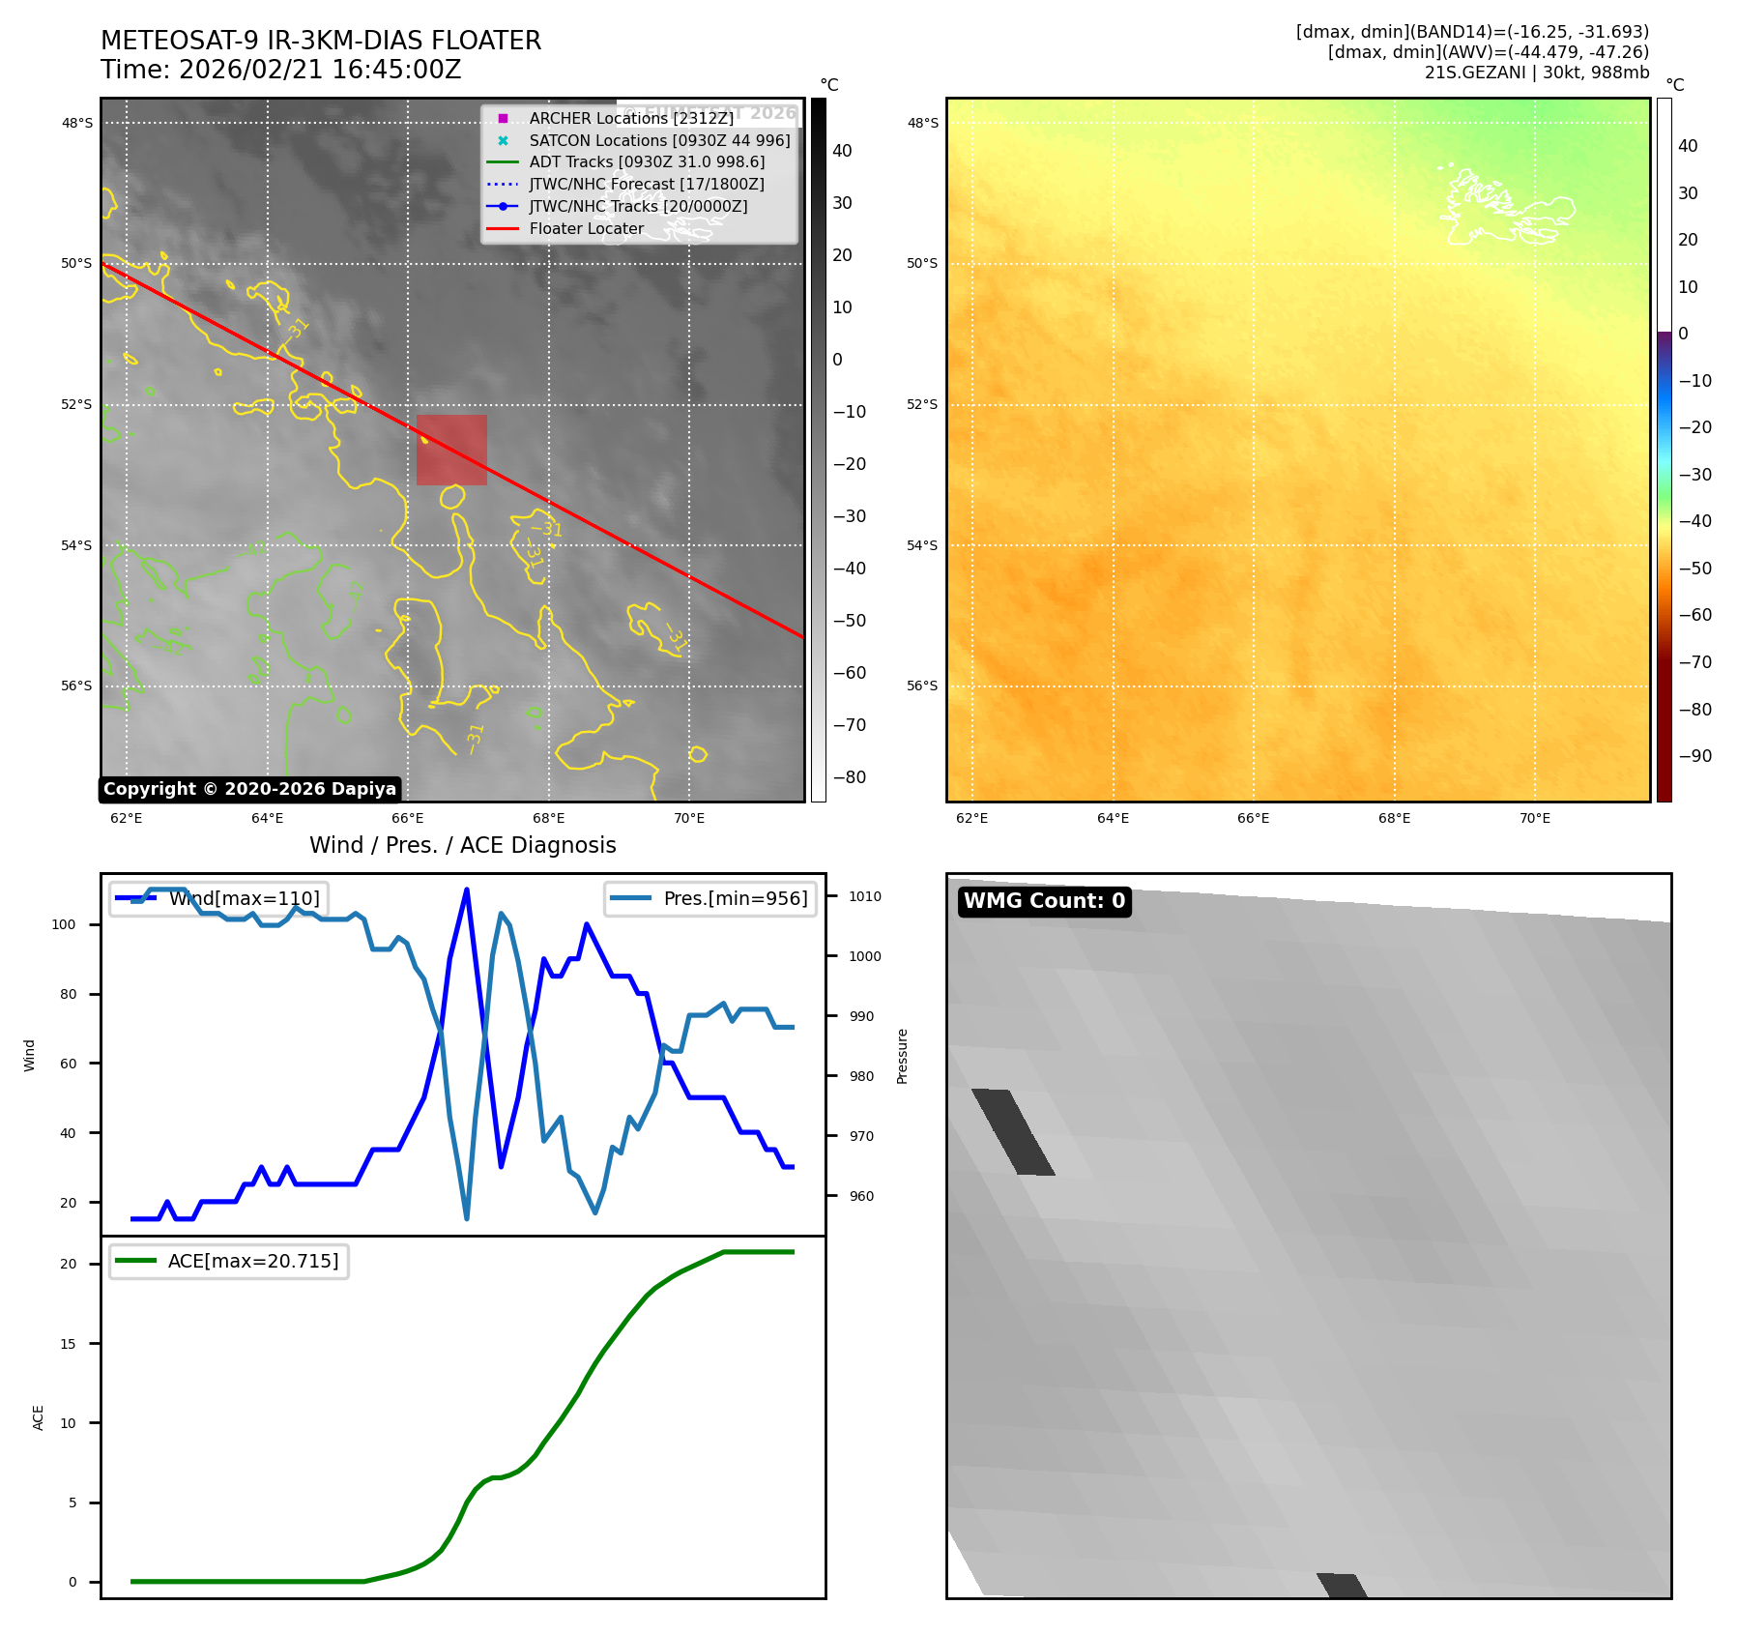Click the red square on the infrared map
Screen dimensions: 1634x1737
pyautogui.click(x=451, y=450)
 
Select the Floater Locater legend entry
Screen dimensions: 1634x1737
pyautogui.click(x=586, y=229)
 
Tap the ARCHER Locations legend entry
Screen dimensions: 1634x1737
pyautogui.click(x=631, y=118)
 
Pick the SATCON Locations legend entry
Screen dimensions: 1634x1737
pyautogui.click(x=659, y=140)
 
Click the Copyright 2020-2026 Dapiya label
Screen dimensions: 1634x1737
pyautogui.click(x=249, y=789)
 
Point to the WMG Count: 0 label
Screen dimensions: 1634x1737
pyautogui.click(x=1044, y=901)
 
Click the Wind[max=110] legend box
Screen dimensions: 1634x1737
pyautogui.click(x=218, y=898)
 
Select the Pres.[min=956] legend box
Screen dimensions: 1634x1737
pyautogui.click(x=710, y=898)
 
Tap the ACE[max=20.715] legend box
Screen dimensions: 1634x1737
pyautogui.click(x=229, y=1261)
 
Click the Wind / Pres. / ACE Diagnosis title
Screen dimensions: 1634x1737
pyautogui.click(x=462, y=845)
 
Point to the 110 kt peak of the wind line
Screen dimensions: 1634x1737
pyautogui.click(x=467, y=890)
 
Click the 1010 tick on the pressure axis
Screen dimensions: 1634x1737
pyautogui.click(x=864, y=896)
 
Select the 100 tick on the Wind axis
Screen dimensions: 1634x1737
pyautogui.click(x=64, y=924)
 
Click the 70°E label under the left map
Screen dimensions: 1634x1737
pyautogui.click(x=688, y=818)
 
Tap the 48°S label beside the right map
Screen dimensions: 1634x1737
pyautogui.click(x=922, y=123)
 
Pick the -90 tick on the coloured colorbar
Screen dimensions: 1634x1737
pyautogui.click(x=1694, y=756)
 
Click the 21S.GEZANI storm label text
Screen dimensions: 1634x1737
pyautogui.click(x=1536, y=73)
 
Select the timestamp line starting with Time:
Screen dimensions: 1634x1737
pyautogui.click(x=280, y=70)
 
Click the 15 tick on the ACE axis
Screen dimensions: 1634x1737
pyautogui.click(x=68, y=1344)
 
